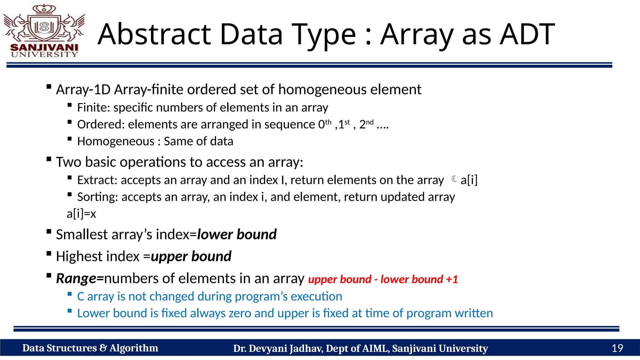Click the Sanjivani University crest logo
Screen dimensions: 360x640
(44, 31)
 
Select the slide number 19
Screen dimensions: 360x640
(617, 348)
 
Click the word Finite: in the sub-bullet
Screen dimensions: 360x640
(93, 107)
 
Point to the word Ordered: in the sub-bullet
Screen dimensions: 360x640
(101, 124)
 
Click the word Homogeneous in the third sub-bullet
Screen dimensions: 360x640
(116, 141)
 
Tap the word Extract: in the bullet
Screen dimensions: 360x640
(97, 180)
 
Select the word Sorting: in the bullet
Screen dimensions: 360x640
(97, 197)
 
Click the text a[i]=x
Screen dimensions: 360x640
(81, 214)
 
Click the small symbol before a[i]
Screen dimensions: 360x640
(454, 179)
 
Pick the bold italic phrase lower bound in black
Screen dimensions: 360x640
(237, 234)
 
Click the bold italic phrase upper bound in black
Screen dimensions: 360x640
(191, 256)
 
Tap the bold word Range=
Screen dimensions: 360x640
(80, 278)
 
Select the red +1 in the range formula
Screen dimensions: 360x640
(452, 279)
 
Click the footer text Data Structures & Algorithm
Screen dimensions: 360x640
(90, 348)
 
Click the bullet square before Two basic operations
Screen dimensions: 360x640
(49, 159)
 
